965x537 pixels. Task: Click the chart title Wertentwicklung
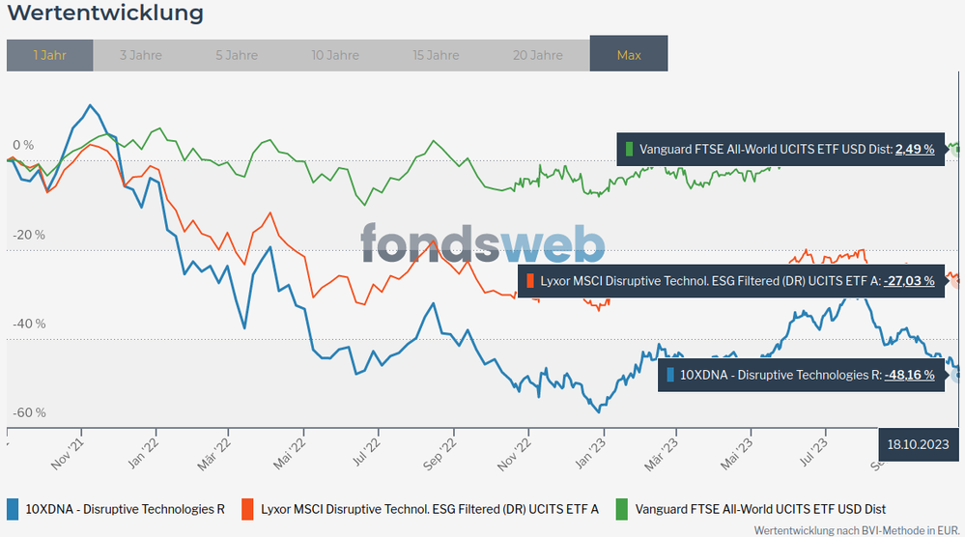point(105,14)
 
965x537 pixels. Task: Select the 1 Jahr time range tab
point(49,55)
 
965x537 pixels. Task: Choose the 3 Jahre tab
point(141,55)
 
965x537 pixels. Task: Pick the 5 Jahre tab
point(237,55)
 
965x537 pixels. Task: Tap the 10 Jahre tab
point(336,55)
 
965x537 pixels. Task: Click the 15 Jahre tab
point(437,55)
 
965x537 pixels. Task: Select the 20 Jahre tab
point(538,55)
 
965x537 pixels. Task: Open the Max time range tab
point(629,55)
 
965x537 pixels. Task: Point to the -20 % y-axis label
point(29,235)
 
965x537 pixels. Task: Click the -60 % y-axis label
point(29,413)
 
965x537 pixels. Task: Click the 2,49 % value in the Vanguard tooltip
point(915,150)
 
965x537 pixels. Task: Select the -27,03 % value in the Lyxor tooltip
point(909,281)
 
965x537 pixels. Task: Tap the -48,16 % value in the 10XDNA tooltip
point(909,375)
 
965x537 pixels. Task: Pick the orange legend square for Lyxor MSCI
point(247,509)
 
